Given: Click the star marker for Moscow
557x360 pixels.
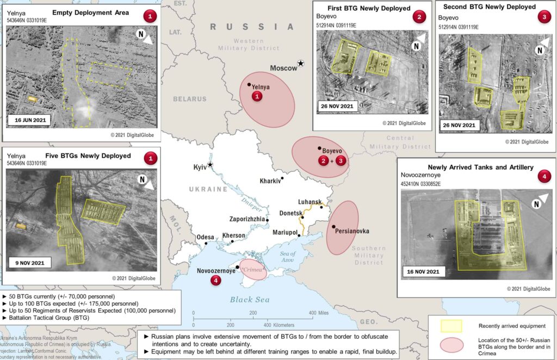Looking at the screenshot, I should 301,64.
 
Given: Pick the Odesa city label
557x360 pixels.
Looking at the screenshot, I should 205,237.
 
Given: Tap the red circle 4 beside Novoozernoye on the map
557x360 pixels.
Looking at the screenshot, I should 216,281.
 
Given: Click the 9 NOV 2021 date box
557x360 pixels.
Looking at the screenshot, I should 30,263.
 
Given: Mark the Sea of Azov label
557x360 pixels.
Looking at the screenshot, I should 287,257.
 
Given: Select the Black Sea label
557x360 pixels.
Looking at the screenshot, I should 249,299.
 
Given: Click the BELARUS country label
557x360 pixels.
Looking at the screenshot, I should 190,99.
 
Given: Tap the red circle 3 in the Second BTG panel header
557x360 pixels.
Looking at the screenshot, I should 544,16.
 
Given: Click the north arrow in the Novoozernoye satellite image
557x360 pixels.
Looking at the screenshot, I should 537,204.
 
